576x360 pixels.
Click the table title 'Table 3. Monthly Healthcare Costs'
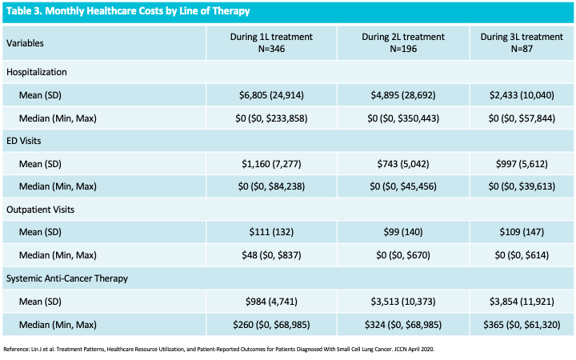point(128,11)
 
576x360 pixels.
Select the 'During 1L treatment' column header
point(271,42)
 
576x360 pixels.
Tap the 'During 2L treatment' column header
point(403,42)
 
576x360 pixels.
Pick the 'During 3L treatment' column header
point(522,42)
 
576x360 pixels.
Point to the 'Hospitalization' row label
point(36,72)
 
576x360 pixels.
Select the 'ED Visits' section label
point(23,141)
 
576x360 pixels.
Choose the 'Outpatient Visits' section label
point(41,210)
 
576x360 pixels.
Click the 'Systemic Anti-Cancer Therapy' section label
point(67,278)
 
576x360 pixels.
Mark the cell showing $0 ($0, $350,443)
point(403,118)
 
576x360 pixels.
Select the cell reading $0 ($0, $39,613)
point(522,186)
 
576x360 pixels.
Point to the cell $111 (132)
point(271,232)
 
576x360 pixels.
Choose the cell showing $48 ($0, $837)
point(271,255)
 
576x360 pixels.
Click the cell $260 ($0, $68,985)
point(271,325)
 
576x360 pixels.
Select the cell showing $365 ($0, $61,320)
point(522,325)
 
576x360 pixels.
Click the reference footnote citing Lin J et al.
point(219,350)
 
